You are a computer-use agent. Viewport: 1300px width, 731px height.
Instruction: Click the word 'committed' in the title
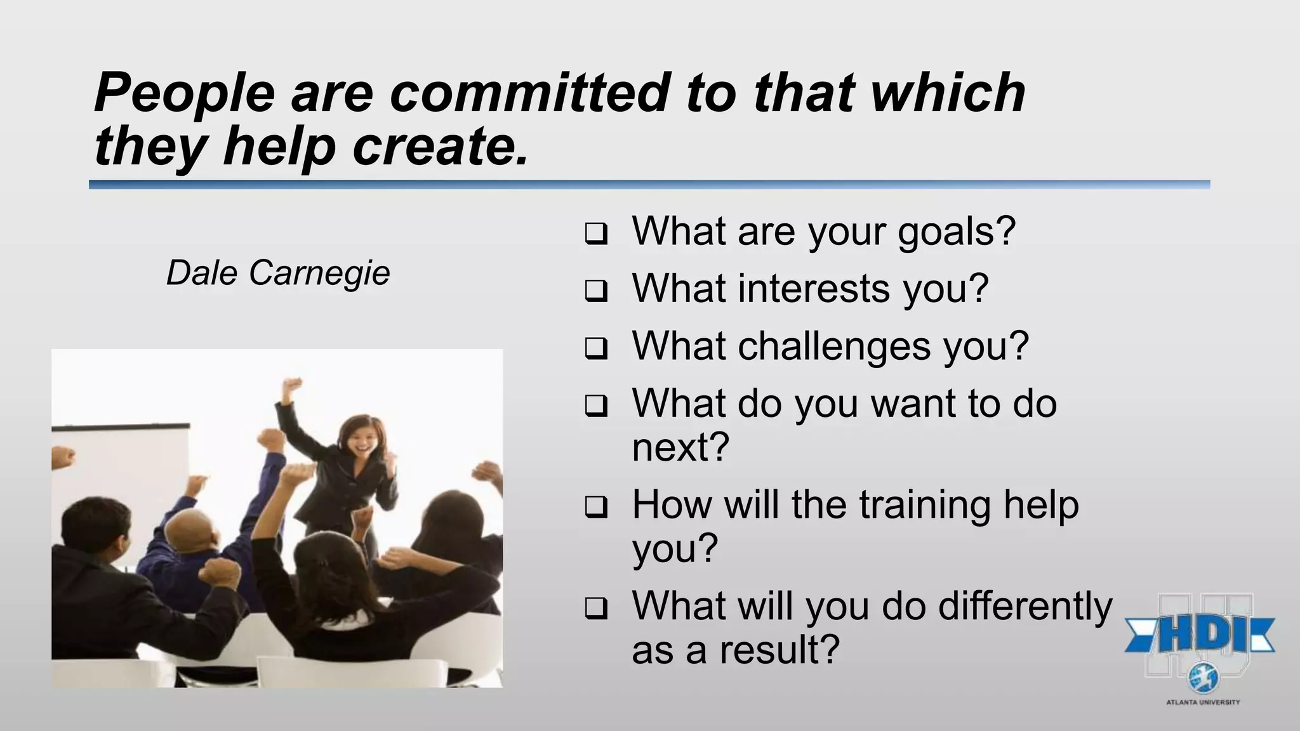click(x=529, y=93)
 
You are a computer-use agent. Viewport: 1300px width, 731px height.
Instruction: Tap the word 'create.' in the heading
click(x=440, y=146)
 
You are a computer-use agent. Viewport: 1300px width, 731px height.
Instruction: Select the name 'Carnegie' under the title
click(x=319, y=273)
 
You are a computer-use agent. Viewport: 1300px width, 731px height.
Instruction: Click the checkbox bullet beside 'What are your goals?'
click(x=595, y=235)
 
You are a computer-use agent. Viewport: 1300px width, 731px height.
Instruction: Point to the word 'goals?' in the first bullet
click(x=956, y=231)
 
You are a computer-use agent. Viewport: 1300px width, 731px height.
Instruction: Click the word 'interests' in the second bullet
click(x=814, y=289)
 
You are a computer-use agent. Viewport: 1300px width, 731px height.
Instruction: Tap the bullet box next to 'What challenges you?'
click(x=595, y=349)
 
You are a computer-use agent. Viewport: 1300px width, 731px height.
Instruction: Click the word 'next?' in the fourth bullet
click(x=680, y=447)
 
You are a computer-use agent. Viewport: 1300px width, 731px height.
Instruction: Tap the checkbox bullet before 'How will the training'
click(x=595, y=508)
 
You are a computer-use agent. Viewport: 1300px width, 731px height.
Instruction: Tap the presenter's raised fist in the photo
click(x=293, y=386)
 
